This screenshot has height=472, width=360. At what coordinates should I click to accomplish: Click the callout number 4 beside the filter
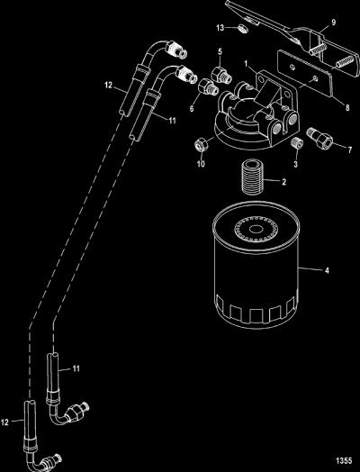327,270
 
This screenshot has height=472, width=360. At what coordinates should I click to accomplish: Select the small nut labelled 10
200,145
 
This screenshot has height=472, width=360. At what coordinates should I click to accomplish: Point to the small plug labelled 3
297,142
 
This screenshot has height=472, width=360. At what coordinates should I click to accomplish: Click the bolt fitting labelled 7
319,138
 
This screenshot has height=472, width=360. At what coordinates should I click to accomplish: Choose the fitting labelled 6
208,86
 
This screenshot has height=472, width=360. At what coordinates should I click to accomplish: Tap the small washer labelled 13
243,29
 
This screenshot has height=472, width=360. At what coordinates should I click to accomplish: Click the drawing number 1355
344,460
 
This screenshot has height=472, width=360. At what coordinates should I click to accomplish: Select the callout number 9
333,22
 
